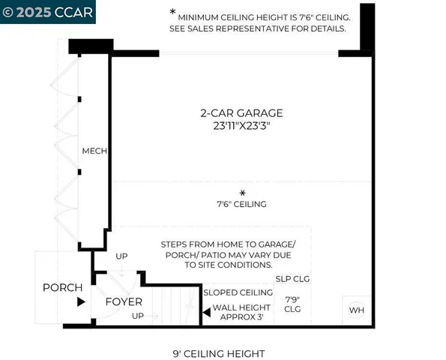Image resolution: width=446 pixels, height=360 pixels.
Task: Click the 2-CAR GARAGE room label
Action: pyautogui.click(x=241, y=113)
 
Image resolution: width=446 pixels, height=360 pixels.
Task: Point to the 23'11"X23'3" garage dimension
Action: pyautogui.click(x=241, y=126)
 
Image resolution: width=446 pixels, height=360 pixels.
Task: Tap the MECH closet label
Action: pyautogui.click(x=95, y=151)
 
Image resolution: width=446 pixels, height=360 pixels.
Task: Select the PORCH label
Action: pyautogui.click(x=62, y=287)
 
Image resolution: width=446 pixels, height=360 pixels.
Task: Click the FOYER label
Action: pyautogui.click(x=124, y=302)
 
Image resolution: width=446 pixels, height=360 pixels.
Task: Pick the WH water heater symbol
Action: pyautogui.click(x=355, y=309)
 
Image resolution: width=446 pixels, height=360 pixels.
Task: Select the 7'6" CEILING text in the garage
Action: pyautogui.click(x=241, y=204)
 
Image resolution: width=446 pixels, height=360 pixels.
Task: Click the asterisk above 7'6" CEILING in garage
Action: pyautogui.click(x=241, y=193)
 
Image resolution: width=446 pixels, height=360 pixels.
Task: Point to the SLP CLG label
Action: pyautogui.click(x=293, y=278)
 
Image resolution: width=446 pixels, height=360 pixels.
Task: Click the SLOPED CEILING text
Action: pyautogui.click(x=238, y=292)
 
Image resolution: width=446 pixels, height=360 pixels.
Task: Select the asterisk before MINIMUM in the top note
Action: pyautogui.click(x=173, y=13)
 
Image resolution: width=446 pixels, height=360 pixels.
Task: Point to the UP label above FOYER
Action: pyautogui.click(x=121, y=256)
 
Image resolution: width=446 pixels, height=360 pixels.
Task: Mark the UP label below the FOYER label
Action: pyautogui.click(x=138, y=316)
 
